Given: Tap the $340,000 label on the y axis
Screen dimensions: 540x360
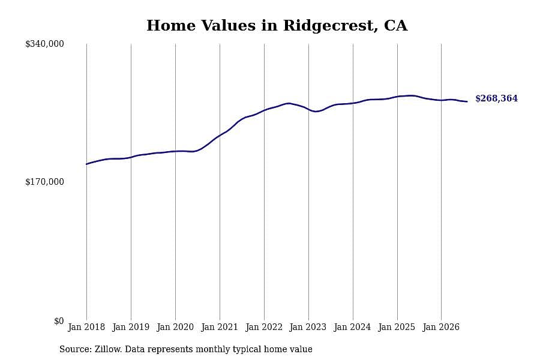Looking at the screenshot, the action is (44, 44).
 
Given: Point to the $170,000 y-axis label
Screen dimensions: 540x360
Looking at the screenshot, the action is (44, 182).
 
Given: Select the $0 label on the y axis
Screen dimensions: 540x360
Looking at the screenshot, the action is (59, 321).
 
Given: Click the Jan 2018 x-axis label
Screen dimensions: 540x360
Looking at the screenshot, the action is (86, 327).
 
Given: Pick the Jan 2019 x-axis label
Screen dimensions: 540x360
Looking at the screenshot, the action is (131, 327).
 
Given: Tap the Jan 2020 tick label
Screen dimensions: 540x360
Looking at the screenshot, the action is (175, 327).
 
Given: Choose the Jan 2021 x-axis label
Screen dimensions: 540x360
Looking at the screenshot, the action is (220, 327).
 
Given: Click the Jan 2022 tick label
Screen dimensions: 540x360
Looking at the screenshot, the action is (264, 327).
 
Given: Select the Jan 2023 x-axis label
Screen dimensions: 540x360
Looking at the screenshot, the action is (308, 327).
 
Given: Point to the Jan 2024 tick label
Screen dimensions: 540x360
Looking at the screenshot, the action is (353, 327).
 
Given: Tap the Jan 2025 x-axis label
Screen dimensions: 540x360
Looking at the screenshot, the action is (397, 327).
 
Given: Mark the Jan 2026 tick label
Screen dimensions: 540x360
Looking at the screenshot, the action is (441, 327).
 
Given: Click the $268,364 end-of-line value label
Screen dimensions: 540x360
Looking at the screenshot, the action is (496, 98).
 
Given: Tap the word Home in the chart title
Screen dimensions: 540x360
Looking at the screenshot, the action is (171, 25).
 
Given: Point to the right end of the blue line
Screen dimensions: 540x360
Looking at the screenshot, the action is (467, 101).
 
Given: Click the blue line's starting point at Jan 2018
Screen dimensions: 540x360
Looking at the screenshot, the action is (86, 164).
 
